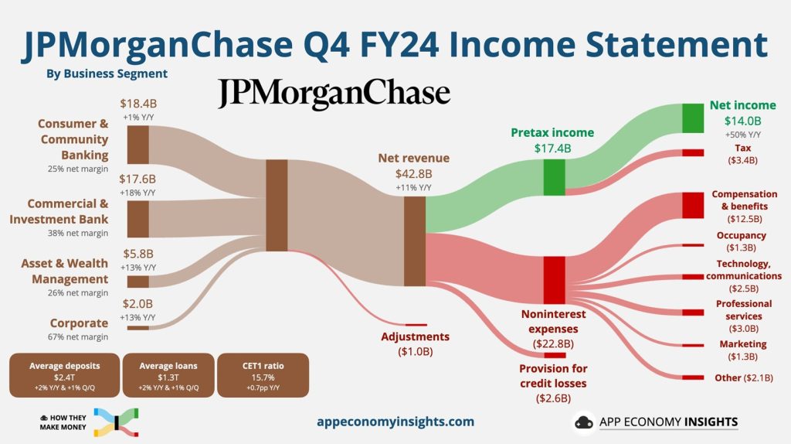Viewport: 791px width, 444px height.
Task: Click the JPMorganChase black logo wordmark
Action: tap(333, 94)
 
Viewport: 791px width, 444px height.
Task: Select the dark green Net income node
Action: tap(693, 118)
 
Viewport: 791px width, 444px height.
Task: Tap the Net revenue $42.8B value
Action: tap(413, 173)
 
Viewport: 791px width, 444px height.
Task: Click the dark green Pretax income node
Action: tap(554, 177)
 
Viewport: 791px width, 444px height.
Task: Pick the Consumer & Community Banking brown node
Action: tap(137, 145)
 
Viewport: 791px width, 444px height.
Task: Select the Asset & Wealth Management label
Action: tap(65, 272)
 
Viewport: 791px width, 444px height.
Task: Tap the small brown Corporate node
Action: tap(137, 327)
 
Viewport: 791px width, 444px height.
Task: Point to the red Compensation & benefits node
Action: tap(693, 204)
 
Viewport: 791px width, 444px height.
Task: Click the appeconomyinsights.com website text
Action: tap(395, 422)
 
